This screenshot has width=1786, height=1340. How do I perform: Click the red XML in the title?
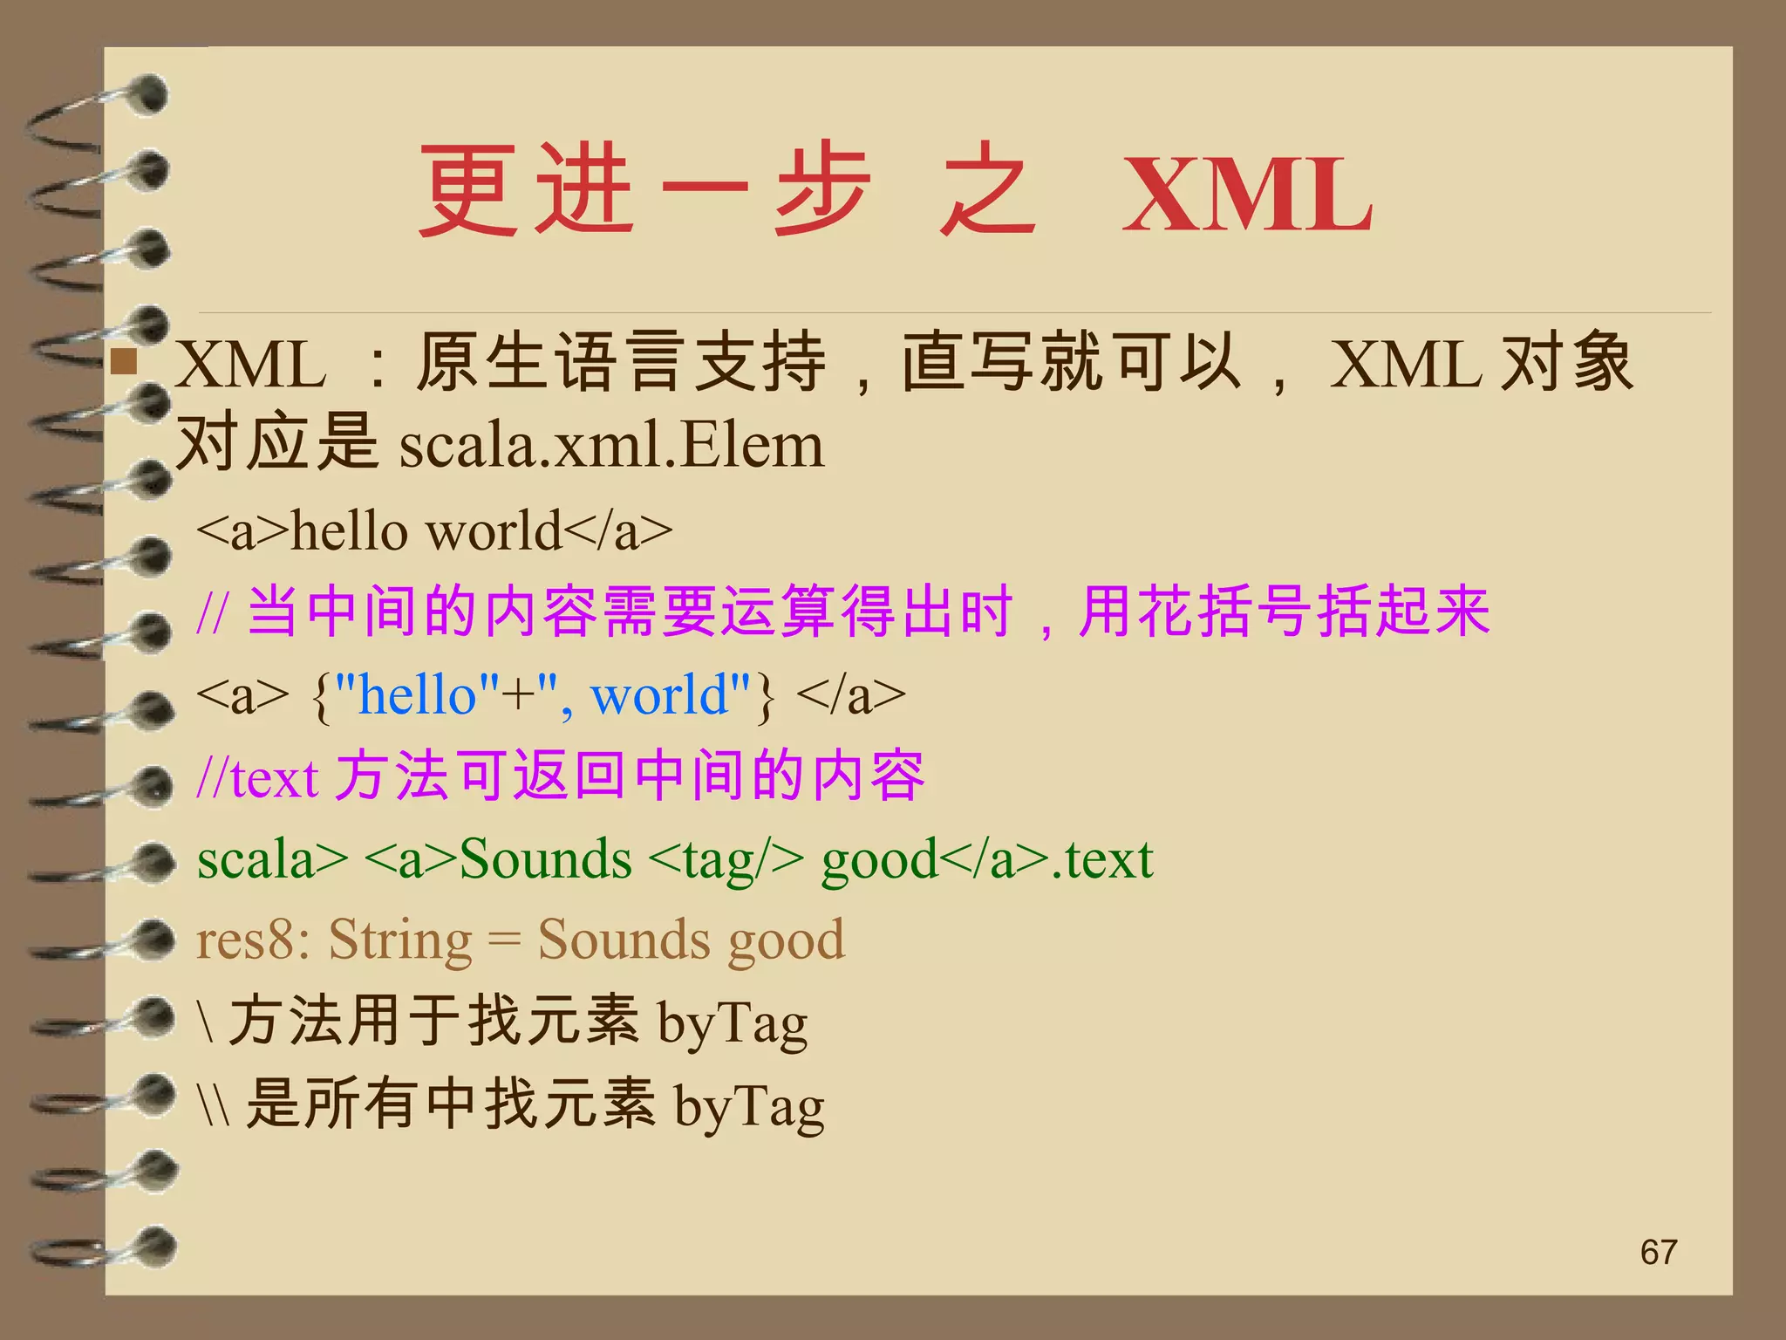1247,196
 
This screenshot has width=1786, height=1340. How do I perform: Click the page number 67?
1658,1253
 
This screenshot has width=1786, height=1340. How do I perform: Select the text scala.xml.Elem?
611,446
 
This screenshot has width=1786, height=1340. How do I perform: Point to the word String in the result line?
400,940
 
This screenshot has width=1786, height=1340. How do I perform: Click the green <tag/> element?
726,859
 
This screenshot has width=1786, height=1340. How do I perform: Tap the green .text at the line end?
1102,859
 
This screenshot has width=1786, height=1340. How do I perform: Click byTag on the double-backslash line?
749,1105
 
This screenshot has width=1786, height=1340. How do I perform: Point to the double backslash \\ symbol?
214,1105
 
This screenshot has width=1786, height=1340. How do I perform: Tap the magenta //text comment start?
257,777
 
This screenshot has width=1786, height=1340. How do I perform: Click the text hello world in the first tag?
426,531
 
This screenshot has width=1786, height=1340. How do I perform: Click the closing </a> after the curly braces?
851,695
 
